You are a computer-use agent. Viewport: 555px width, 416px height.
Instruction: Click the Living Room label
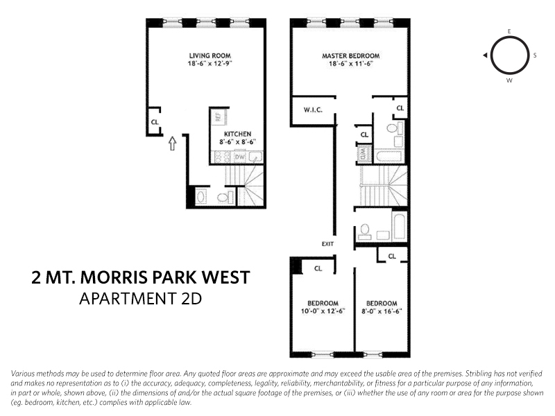[210, 55]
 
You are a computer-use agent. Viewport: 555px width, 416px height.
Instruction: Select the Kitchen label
[237, 134]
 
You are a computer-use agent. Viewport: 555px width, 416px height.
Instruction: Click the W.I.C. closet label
[315, 110]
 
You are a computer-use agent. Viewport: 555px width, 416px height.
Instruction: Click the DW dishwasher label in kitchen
[239, 157]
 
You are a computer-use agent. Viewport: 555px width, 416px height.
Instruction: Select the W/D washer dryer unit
[364, 154]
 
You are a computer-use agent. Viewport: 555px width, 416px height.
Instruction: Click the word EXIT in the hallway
[328, 243]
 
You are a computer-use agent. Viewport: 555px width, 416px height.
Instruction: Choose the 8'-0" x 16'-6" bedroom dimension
[382, 311]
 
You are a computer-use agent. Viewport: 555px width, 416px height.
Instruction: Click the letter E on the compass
[509, 32]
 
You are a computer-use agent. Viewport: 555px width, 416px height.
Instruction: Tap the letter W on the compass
[509, 80]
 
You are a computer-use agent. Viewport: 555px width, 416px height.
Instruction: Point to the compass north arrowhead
[486, 55]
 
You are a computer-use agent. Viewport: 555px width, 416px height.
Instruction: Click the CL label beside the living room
[155, 122]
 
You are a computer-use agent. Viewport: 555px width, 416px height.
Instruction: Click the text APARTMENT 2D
[141, 300]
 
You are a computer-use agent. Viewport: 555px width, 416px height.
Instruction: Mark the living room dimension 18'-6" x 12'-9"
[210, 64]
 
